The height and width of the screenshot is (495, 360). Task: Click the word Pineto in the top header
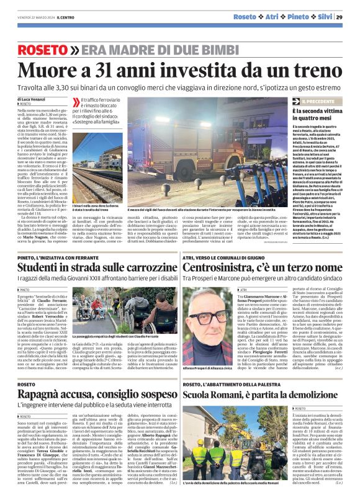pyautogui.click(x=299, y=17)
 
